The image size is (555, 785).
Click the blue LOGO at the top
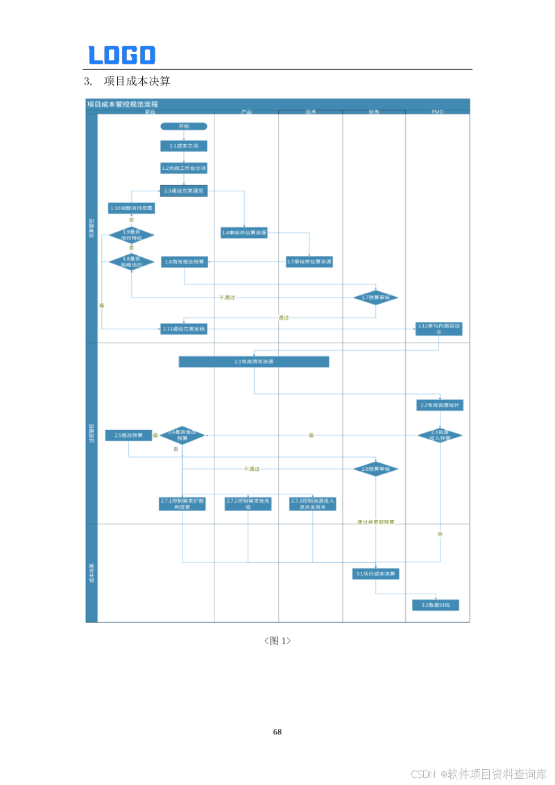click(x=121, y=55)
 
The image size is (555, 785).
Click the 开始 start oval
click(x=184, y=126)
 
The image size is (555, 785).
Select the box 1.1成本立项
click(x=184, y=146)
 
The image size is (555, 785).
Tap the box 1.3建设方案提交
click(x=184, y=190)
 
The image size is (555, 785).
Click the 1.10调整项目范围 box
click(x=131, y=207)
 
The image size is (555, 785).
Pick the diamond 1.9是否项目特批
click(x=131, y=235)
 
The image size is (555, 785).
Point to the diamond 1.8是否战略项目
click(x=131, y=261)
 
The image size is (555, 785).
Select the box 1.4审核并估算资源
click(x=244, y=233)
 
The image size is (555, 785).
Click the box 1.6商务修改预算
click(x=185, y=261)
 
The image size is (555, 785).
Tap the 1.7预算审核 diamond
click(x=376, y=297)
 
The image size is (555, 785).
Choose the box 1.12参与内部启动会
click(x=439, y=328)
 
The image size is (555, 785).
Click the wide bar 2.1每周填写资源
click(x=254, y=361)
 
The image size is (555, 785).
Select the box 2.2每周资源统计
click(x=440, y=404)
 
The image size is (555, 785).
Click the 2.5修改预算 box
click(x=128, y=435)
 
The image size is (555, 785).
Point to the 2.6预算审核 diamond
click(x=376, y=469)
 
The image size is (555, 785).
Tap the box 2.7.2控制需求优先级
click(x=248, y=503)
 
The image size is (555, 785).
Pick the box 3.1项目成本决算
click(x=376, y=573)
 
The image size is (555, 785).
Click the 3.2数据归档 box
click(x=436, y=605)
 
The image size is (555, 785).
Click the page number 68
click(x=277, y=732)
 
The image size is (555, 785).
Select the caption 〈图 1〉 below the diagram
click(x=277, y=641)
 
